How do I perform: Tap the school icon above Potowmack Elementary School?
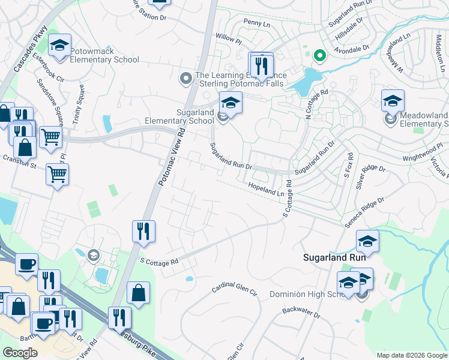pos(60,46)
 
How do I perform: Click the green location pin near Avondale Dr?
pos(319,56)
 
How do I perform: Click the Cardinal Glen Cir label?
pos(234,291)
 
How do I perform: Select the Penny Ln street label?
pos(259,22)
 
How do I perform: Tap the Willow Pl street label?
pos(228,40)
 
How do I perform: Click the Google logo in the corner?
pos(20,353)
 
